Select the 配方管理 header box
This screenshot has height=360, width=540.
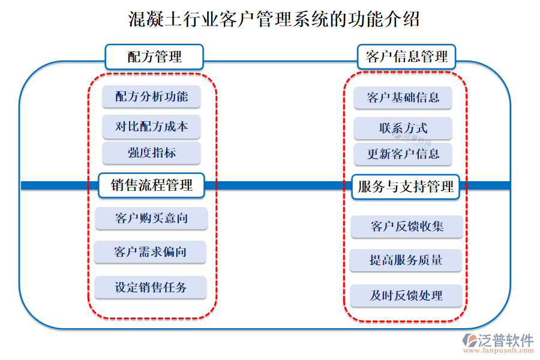pos(154,57)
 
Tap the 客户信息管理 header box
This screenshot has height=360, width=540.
pos(406,57)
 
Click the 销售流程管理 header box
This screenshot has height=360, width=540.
pos(151,185)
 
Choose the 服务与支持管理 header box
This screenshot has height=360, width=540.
pos(406,187)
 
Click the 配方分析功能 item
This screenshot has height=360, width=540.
pos(151,97)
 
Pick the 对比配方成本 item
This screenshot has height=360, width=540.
pos(151,127)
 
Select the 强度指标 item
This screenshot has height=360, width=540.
pos(151,153)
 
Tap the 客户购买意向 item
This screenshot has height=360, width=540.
pos(151,218)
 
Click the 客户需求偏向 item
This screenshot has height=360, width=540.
pos(150,252)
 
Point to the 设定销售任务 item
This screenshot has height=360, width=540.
pos(151,287)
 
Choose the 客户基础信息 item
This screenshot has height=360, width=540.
pos(403,98)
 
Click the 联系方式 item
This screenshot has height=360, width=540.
pos(403,128)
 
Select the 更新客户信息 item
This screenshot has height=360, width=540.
pos(403,154)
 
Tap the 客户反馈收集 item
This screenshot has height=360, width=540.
pos(407,226)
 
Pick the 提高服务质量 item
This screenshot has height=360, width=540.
pos(406,260)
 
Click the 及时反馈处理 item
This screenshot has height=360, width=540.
pos(406,295)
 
